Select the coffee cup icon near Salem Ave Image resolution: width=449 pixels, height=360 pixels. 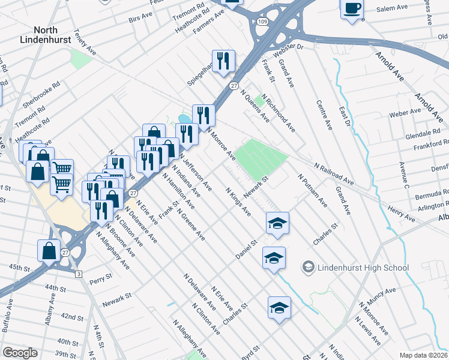(352, 9)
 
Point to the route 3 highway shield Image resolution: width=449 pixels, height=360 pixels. (79, 274)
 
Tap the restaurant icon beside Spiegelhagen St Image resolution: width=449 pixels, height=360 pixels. (223, 61)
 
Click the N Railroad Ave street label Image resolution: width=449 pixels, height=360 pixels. (333, 173)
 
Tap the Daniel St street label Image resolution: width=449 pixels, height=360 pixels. (246, 250)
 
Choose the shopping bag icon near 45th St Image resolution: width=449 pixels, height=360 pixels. (49, 250)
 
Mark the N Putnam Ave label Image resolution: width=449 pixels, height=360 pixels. (312, 191)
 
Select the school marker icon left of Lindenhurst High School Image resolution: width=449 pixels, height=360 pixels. (274, 258)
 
